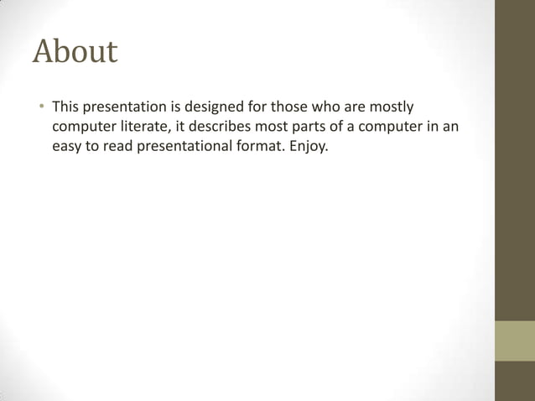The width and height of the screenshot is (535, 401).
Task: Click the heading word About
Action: tap(75, 52)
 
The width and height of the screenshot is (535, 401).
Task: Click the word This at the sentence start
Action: tap(66, 107)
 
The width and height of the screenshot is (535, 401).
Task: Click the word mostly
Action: tap(391, 107)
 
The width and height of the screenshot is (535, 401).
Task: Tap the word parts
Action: tap(314, 127)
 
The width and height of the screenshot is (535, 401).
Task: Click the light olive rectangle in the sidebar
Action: tap(514, 341)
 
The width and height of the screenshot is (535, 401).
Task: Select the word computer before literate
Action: tap(82, 127)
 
